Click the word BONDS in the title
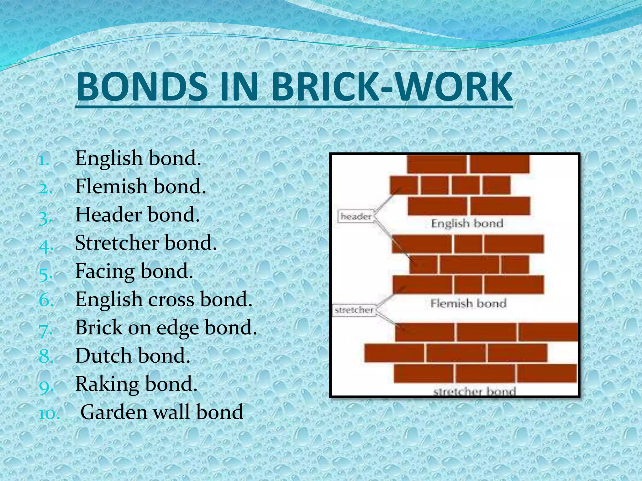pyautogui.click(x=142, y=87)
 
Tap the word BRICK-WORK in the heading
pyautogui.click(x=392, y=87)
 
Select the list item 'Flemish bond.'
pyautogui.click(x=140, y=186)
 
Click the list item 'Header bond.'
pyautogui.click(x=137, y=215)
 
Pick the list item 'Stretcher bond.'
pyautogui.click(x=146, y=243)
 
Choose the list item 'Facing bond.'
pyautogui.click(x=134, y=271)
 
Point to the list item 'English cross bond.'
pyautogui.click(x=164, y=299)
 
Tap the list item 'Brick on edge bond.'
pyautogui.click(x=166, y=328)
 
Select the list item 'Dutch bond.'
pyautogui.click(x=133, y=356)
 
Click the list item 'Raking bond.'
pyautogui.click(x=136, y=384)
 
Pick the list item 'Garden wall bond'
pyautogui.click(x=162, y=412)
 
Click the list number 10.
pyautogui.click(x=49, y=414)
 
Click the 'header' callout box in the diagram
pyautogui.click(x=356, y=216)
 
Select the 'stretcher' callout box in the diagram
pyautogui.click(x=354, y=310)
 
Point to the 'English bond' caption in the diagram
pyautogui.click(x=467, y=224)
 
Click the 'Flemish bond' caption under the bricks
pyautogui.click(x=468, y=303)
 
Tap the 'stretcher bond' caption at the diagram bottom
pyautogui.click(x=474, y=391)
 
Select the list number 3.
pyautogui.click(x=45, y=218)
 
